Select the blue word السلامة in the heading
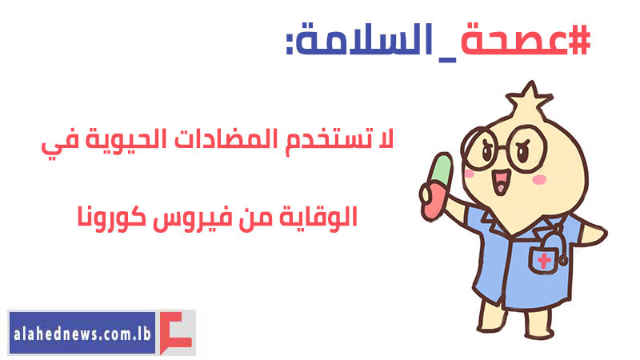363,39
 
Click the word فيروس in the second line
189,218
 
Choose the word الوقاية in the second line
318,217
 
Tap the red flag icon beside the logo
175,333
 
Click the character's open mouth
501,182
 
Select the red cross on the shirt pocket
543,260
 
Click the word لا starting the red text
384,138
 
